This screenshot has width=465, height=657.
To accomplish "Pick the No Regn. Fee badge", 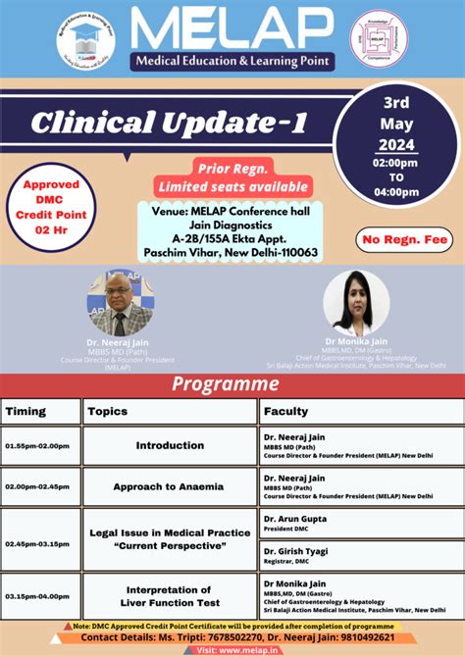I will point(404,238).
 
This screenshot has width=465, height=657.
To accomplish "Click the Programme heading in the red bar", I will point(226,383).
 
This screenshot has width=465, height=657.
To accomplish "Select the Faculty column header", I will point(285,412).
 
